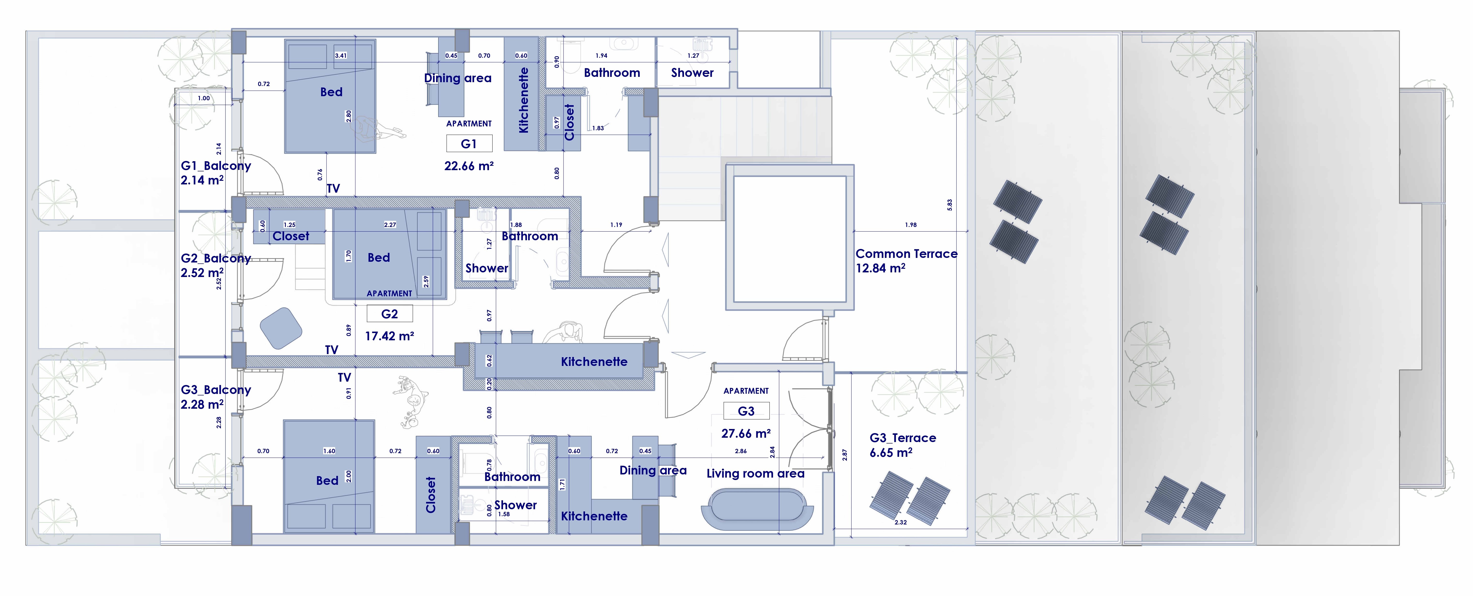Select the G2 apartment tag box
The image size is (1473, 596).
[x=389, y=314]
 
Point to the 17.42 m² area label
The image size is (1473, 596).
[x=389, y=336]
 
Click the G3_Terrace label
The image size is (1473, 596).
[x=902, y=438]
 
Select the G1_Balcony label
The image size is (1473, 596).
[x=216, y=166]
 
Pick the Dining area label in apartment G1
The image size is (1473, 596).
[x=458, y=78]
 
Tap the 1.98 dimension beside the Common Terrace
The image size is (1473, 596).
[x=910, y=225]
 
